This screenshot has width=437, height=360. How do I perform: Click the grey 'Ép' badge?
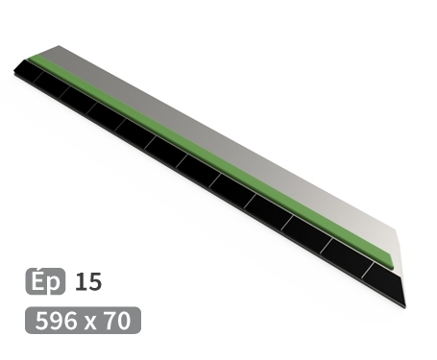click(x=46, y=282)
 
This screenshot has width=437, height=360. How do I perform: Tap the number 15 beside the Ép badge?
click(x=87, y=282)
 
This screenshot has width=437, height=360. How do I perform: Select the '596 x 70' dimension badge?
click(x=84, y=321)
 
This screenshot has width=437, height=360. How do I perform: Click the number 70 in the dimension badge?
click(x=117, y=321)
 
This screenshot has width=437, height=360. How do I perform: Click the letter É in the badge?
click(x=39, y=281)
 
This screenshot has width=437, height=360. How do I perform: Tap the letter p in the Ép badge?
click(x=54, y=284)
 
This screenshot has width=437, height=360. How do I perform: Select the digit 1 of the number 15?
click(x=80, y=282)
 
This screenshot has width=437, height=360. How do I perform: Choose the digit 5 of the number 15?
click(x=93, y=282)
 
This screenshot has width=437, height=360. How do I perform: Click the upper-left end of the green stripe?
click(x=36, y=60)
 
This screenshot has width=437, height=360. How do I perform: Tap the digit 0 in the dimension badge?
click(x=124, y=321)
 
